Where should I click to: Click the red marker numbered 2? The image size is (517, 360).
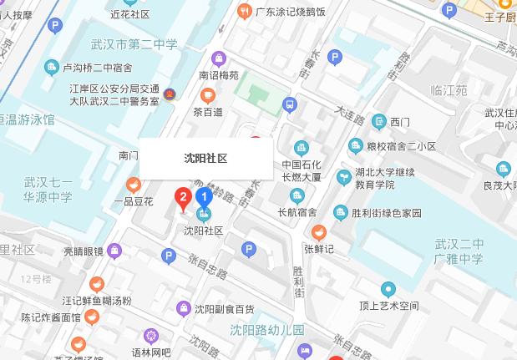[x=181, y=199]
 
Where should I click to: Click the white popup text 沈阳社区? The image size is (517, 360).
[x=205, y=158]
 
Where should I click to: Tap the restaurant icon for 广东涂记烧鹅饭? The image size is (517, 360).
[x=244, y=11]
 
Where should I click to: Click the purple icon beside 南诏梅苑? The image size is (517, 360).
[x=219, y=58]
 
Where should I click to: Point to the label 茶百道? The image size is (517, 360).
[x=208, y=112]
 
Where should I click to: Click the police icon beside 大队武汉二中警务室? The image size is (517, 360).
[x=170, y=94]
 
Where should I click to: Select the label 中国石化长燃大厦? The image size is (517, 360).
[x=302, y=170]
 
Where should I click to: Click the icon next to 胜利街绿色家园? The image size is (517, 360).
[x=340, y=212]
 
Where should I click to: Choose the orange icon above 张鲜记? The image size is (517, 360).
[x=318, y=232]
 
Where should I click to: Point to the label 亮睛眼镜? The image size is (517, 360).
[x=84, y=251]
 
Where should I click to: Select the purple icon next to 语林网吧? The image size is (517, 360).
[x=150, y=337]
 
